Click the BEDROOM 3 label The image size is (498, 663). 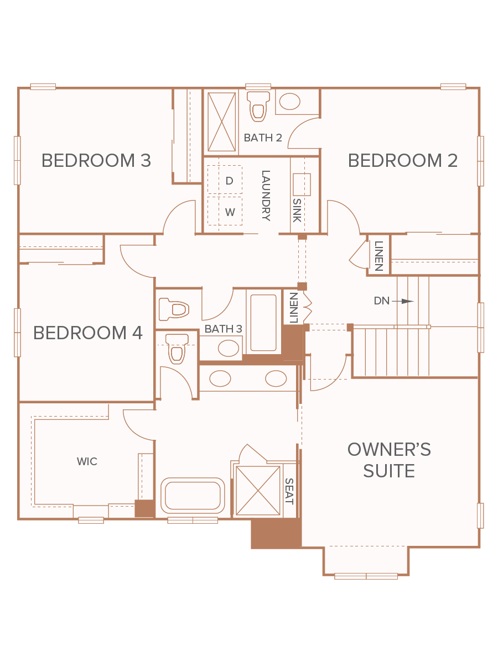click(x=96, y=160)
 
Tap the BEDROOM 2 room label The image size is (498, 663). click(x=402, y=160)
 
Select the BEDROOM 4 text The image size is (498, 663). click(x=87, y=333)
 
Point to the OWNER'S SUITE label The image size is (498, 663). click(x=389, y=460)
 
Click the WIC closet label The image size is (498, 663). click(x=87, y=461)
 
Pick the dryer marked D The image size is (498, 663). click(x=225, y=180)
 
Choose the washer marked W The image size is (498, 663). click(x=225, y=211)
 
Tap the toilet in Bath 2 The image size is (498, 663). click(x=258, y=106)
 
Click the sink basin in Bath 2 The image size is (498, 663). click(x=289, y=101)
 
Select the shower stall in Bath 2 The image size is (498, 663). click(x=222, y=122)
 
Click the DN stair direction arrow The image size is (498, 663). click(x=402, y=301)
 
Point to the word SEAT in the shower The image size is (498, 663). click(x=289, y=491)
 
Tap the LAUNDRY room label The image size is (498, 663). click(x=266, y=196)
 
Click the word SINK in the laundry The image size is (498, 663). click(x=297, y=211)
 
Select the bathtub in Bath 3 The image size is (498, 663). click(x=263, y=323)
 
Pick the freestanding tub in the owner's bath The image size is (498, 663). click(x=193, y=496)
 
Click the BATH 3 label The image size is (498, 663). click(x=223, y=329)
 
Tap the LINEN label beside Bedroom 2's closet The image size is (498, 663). click(x=379, y=256)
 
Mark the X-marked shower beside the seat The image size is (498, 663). click(x=258, y=491)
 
